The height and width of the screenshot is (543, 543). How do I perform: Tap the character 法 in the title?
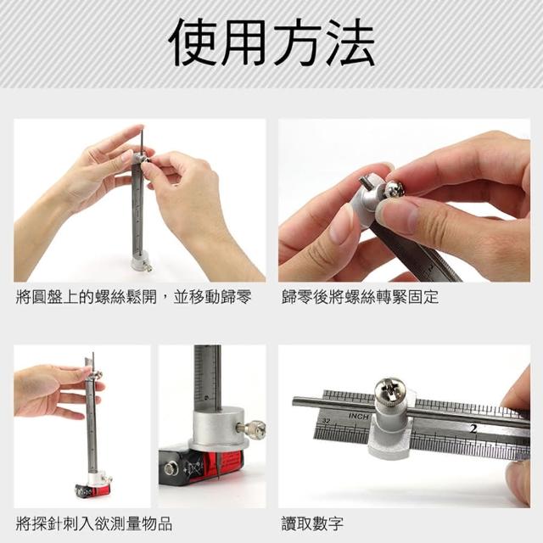(350, 42)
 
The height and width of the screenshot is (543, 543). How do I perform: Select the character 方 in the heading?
(298, 42)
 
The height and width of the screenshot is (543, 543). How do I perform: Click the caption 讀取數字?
(312, 524)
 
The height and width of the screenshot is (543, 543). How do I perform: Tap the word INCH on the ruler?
(359, 416)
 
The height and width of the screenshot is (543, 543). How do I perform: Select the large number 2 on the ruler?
(473, 428)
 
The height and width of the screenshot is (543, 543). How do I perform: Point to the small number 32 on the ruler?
(326, 421)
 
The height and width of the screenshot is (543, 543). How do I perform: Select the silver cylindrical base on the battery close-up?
(219, 428)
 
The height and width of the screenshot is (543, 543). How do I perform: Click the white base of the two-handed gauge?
(141, 262)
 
